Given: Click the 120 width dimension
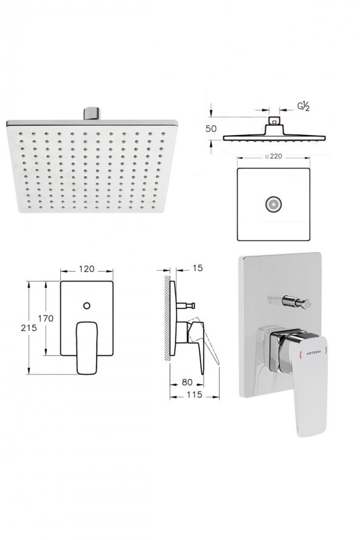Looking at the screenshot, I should pos(86,269).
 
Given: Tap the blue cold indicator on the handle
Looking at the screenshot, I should pos(328,350).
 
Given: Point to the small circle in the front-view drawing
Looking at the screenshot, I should pos(86,305).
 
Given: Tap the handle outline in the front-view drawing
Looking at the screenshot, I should pos(86,347).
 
